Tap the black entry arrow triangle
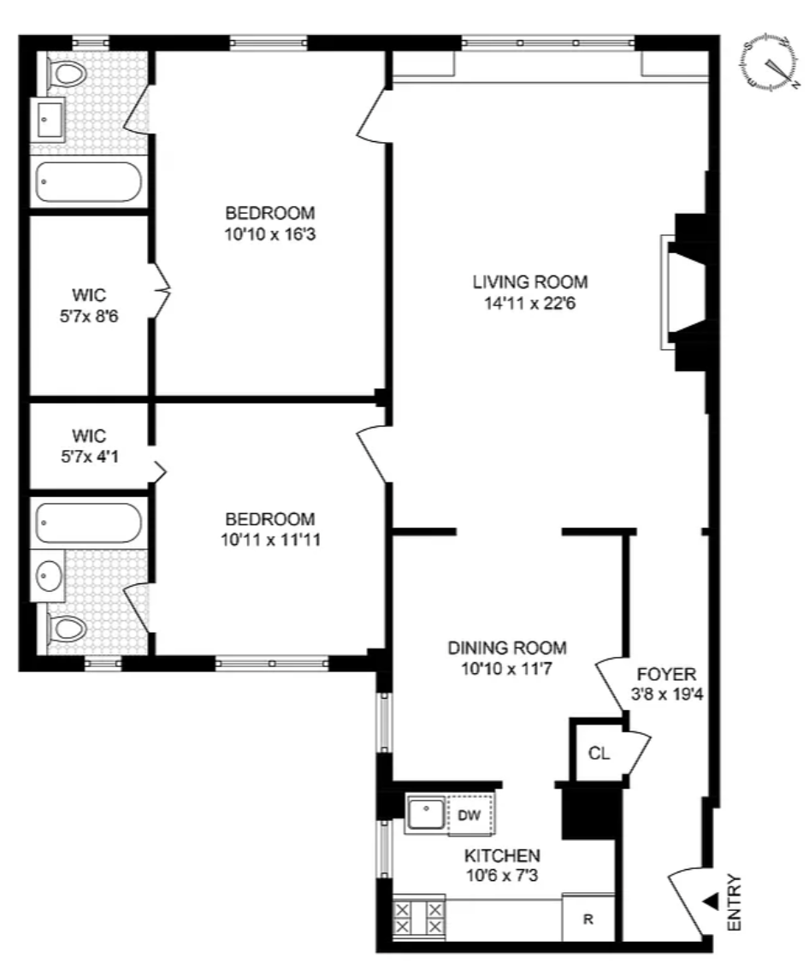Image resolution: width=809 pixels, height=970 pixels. point(712,901)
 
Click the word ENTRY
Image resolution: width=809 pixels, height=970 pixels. point(734,902)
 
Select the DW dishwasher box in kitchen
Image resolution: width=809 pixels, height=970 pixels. point(469,814)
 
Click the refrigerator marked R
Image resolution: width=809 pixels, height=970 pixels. point(588,919)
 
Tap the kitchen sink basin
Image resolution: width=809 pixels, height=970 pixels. point(426,814)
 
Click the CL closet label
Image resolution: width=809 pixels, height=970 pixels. point(599,753)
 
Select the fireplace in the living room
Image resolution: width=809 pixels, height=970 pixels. point(683,292)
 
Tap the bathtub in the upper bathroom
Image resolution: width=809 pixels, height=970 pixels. point(88,182)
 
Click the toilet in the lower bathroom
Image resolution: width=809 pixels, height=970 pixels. point(67,630)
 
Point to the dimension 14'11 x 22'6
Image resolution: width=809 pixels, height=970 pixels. point(530,304)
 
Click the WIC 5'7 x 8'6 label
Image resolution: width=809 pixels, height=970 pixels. point(89,305)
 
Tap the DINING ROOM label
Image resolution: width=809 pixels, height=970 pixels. point(507,648)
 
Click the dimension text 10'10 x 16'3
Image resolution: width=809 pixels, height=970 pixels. point(270,234)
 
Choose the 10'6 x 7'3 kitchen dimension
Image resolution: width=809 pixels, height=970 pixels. point(502,875)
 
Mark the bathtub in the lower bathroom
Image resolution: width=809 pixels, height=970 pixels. point(88,523)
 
